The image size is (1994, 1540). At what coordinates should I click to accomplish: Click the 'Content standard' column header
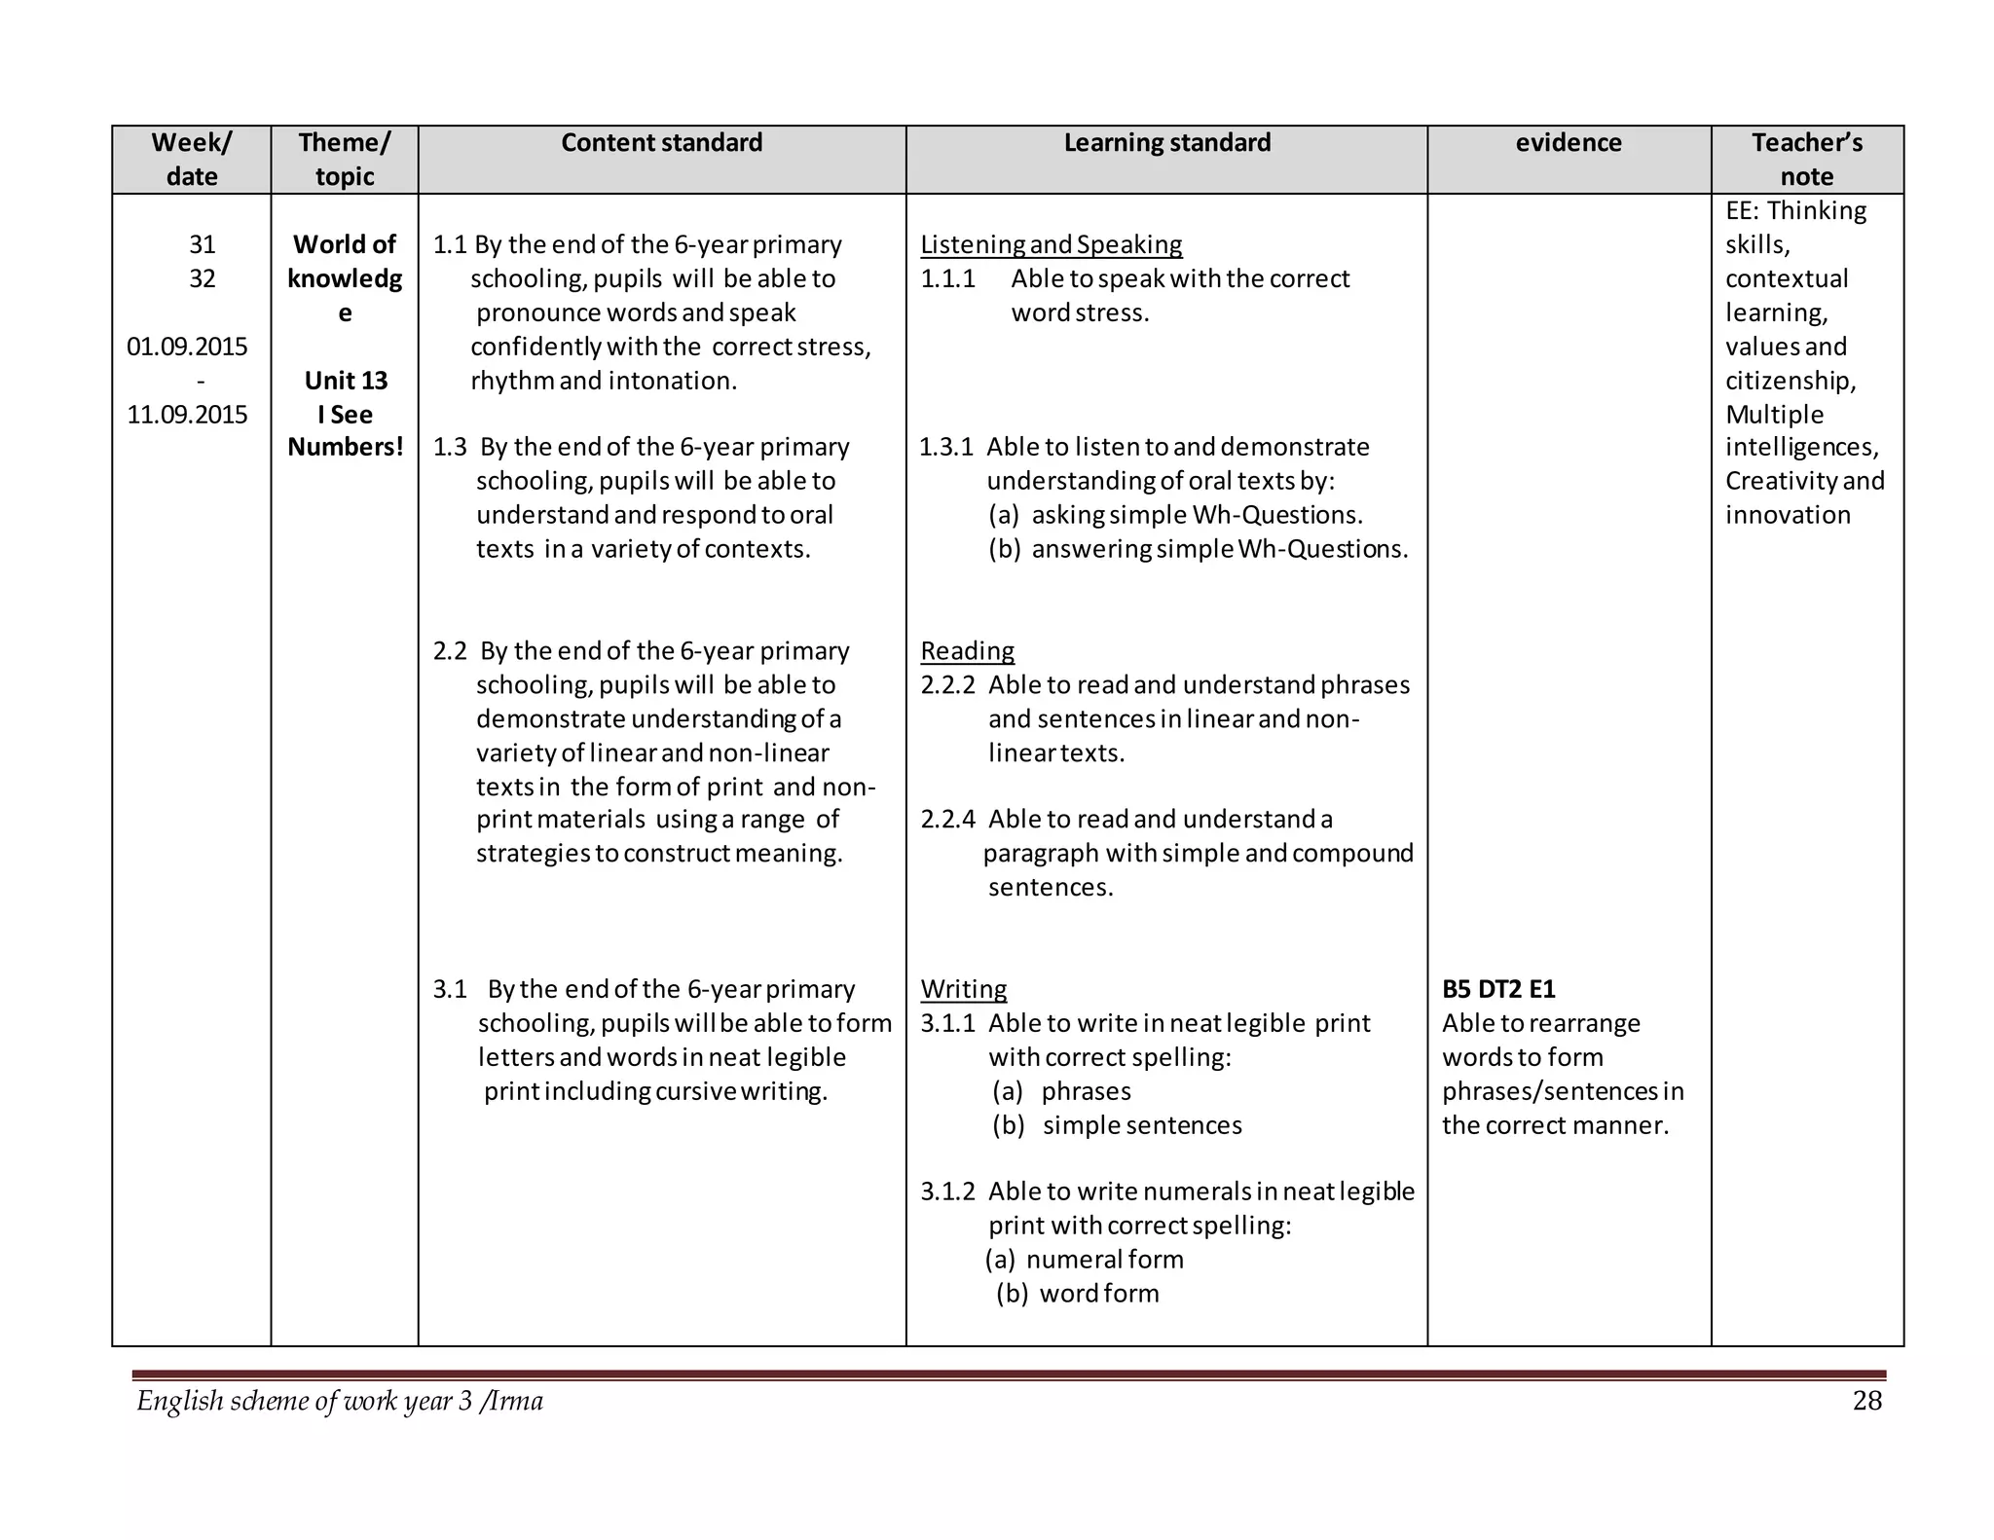coord(661,143)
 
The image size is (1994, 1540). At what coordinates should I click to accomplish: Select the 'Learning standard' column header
coord(1166,143)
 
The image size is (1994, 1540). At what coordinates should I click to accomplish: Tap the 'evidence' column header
coord(1568,143)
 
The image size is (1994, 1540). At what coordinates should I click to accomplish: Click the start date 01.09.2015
coord(187,347)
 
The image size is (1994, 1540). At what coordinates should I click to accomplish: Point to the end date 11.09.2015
coord(187,415)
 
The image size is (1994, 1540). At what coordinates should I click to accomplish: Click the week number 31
coord(202,244)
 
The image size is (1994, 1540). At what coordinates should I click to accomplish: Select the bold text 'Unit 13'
coord(346,381)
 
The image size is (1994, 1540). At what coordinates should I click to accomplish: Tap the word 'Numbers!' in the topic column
coord(346,448)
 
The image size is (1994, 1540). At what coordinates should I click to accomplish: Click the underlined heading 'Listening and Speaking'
coord(1052,244)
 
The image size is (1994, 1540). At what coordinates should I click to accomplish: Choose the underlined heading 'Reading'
coord(967,650)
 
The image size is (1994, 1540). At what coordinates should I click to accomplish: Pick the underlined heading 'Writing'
coord(963,989)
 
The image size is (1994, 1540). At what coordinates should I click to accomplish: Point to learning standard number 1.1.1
coord(947,279)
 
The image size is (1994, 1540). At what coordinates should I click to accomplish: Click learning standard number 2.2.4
coord(947,820)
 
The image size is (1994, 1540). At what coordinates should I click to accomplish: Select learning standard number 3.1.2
coord(947,1192)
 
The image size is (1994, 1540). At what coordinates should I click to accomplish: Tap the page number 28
coord(1866,1401)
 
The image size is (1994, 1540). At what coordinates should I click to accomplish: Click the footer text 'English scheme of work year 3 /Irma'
coord(340,1401)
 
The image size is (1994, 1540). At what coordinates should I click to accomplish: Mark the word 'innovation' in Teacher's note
coord(1788,515)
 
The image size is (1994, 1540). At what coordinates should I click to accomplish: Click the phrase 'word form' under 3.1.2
coord(1099,1294)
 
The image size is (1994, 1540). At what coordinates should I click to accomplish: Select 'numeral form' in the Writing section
coord(1104,1260)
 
